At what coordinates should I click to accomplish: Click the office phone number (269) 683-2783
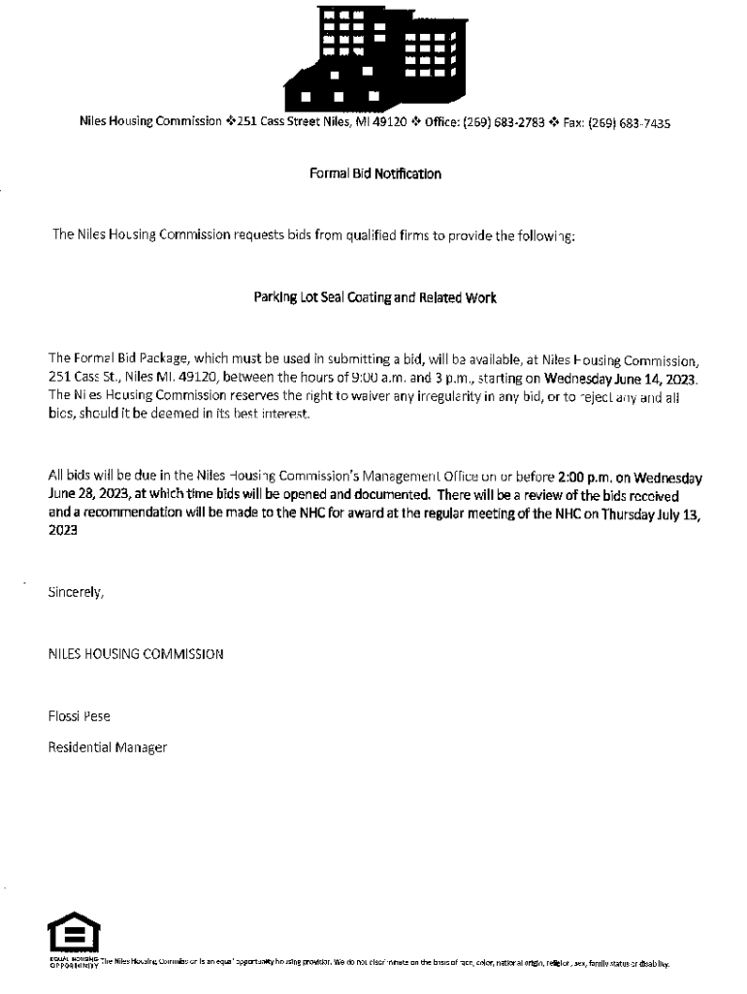coord(506,123)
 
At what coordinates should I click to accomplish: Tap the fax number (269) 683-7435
coord(633,123)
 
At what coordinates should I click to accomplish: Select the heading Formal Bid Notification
coord(374,175)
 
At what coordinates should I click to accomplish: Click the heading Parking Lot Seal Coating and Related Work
coord(374,298)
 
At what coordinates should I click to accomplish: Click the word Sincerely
coord(76,592)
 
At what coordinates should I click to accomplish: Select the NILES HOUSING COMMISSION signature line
coord(136,654)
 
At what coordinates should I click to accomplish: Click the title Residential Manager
coord(108,747)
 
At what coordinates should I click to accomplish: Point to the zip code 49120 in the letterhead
coord(391,123)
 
